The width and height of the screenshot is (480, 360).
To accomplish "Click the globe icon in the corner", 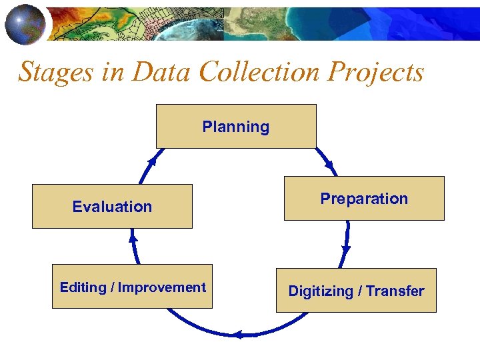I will pos(25,24).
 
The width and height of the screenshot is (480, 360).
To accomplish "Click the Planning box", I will pos(236,126).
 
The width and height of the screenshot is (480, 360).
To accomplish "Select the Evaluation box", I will pos(112,207).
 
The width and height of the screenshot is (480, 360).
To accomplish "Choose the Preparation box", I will pos(364,198).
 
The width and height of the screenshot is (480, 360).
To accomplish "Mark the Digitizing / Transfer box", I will pos(356,291).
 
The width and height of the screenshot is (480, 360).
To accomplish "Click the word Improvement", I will pos(162,287).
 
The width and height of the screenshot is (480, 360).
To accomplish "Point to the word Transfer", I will pos(395,291).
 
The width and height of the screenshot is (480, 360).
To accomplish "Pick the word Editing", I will pos(83,287).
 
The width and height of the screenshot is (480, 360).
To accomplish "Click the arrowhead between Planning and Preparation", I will pos(329,165).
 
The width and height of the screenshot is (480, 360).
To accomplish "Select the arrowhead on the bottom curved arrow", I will pos(238,335).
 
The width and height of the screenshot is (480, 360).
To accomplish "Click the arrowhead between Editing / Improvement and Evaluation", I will pos(133,236).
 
